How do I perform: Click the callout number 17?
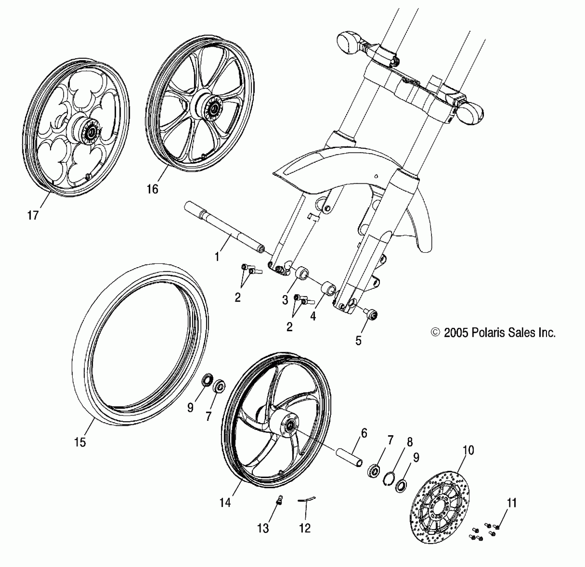tap(33, 215)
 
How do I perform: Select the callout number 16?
tap(152, 189)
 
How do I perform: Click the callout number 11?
tap(512, 503)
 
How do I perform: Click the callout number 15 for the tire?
tap(80, 442)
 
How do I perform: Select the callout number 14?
tap(225, 502)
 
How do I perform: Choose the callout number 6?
tap(364, 433)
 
